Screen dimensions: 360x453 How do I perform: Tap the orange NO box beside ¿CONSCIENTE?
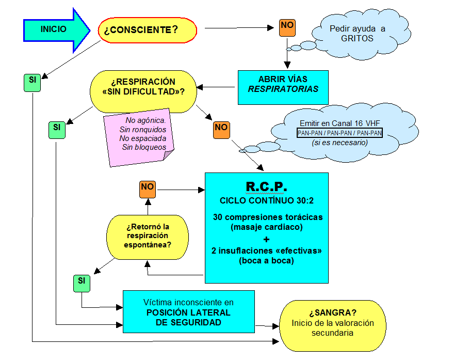(287, 26)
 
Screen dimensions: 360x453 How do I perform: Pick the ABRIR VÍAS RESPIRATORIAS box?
(283, 84)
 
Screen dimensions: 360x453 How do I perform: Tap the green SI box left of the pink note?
(57, 130)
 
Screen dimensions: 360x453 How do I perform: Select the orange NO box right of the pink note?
(221, 130)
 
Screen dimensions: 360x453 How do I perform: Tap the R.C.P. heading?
(266, 186)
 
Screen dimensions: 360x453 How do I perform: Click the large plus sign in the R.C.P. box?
(266, 240)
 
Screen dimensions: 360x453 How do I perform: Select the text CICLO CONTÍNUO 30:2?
(266, 200)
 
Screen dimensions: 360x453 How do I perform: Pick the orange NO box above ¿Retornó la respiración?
(148, 189)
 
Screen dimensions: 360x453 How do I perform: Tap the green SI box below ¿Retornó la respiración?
(81, 283)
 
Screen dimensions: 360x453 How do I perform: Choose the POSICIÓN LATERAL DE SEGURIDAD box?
(188, 312)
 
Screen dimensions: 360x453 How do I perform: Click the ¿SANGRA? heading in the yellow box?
(333, 313)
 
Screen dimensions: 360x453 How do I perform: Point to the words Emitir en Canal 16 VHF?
(339, 123)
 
